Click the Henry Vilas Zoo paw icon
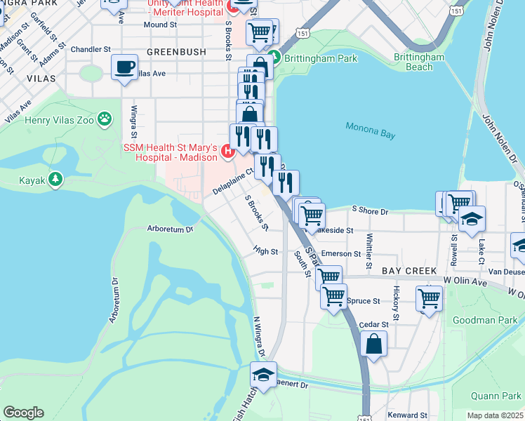[x=105, y=119]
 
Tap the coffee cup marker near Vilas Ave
[x=124, y=67]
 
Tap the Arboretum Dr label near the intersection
[x=170, y=228]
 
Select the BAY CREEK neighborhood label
[x=409, y=270]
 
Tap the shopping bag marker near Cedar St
[x=374, y=343]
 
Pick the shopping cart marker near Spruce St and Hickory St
[x=429, y=298]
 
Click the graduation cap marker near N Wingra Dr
[x=263, y=375]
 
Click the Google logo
[x=23, y=413]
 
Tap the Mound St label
[x=159, y=25]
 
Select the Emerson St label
[x=340, y=254]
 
